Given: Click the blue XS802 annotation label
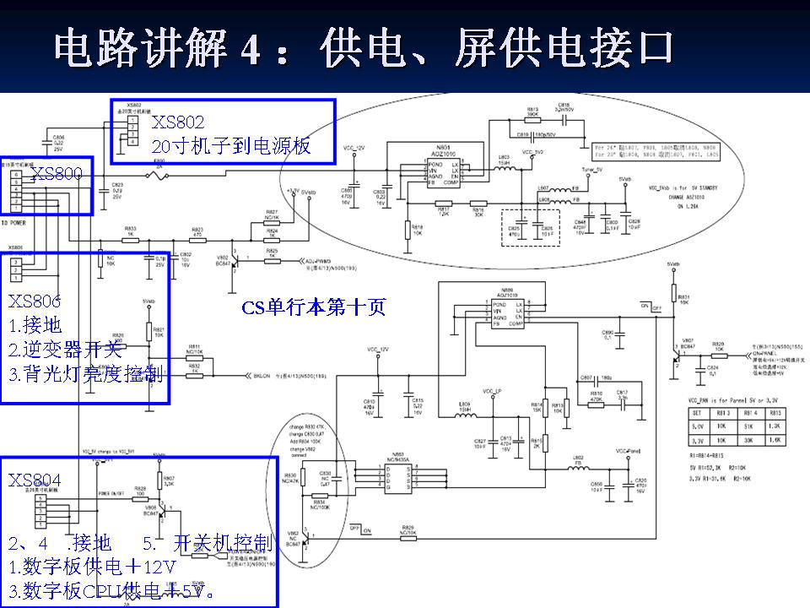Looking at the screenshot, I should (x=178, y=123).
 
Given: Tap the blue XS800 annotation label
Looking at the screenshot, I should (x=57, y=175).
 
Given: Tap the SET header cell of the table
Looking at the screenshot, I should (x=696, y=414).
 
